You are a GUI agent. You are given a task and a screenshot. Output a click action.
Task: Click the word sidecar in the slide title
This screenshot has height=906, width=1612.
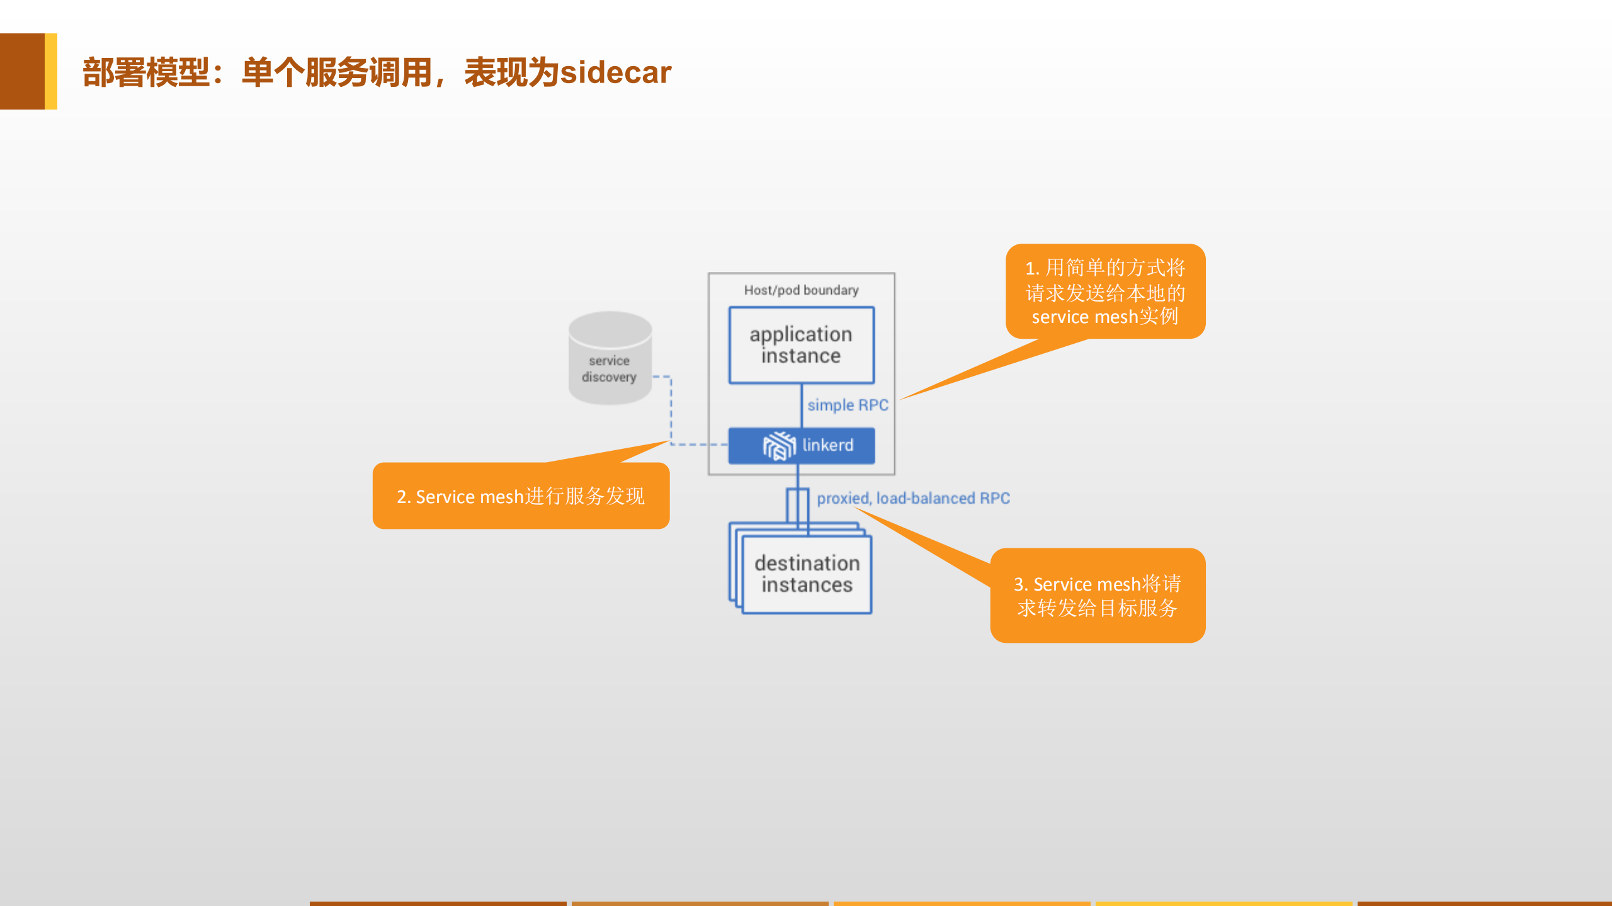616,72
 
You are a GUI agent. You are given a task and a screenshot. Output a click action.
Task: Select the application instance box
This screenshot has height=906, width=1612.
801,345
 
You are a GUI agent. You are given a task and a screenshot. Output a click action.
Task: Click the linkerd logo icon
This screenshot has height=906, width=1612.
779,446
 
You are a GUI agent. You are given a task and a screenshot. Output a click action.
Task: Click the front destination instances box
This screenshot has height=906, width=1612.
807,574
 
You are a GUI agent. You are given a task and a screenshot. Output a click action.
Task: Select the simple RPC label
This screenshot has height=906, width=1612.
848,405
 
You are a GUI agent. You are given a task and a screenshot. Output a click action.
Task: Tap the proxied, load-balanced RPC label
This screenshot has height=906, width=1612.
913,498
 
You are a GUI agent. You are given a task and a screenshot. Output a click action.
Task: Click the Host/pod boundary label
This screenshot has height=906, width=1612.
801,290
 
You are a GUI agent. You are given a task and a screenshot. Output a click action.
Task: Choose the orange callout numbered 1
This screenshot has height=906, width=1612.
1105,292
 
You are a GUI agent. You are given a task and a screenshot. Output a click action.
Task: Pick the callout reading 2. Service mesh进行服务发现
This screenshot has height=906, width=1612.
521,496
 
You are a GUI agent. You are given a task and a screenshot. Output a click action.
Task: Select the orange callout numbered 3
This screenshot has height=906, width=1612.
1098,595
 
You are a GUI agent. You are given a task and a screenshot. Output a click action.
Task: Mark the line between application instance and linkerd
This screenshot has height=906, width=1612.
801,406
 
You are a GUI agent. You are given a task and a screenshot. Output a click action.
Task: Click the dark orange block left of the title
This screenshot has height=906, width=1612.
22,71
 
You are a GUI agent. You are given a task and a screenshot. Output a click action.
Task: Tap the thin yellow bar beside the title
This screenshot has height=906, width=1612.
51,71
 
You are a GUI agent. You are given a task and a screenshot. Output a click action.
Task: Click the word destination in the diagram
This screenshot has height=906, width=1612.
807,563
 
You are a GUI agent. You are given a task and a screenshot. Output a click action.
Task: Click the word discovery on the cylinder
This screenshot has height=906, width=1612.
609,377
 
